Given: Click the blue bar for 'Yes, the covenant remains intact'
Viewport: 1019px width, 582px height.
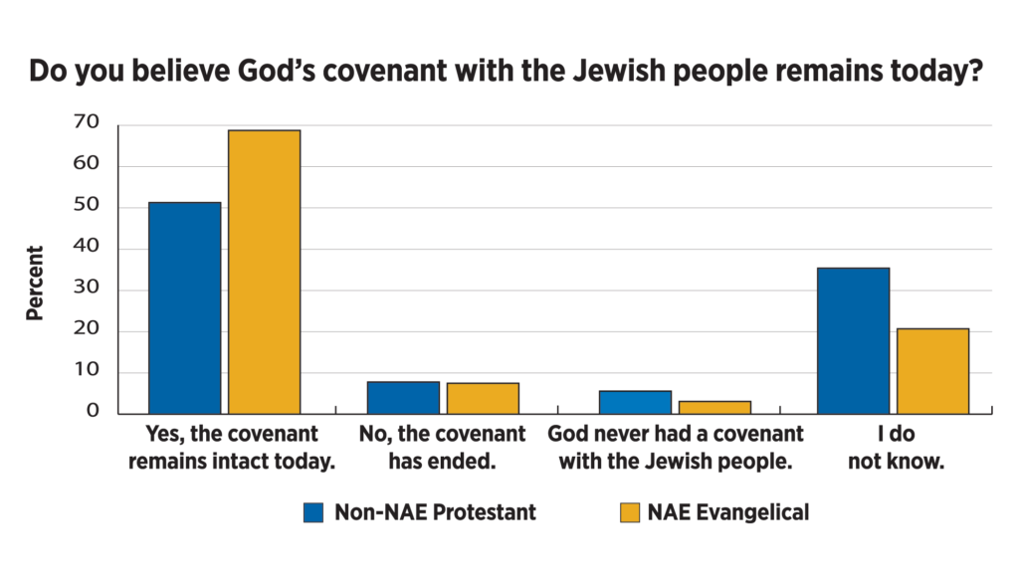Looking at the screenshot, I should click(x=184, y=307).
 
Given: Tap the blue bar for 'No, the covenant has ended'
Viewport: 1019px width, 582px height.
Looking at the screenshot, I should click(x=403, y=397).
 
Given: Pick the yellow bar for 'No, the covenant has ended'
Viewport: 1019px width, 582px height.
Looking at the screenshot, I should click(x=483, y=398).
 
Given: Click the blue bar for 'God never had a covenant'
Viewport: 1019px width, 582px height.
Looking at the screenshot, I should click(x=635, y=402).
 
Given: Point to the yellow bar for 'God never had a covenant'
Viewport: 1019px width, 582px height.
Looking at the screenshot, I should click(x=714, y=407).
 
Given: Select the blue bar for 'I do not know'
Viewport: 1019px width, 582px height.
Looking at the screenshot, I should click(x=854, y=340).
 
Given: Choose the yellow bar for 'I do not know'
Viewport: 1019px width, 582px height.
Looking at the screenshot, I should click(x=933, y=370).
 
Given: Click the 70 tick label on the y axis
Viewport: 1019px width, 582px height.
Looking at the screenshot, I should click(x=87, y=123).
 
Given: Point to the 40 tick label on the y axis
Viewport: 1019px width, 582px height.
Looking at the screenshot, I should click(x=87, y=248).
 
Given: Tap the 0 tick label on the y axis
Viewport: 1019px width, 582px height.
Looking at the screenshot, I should click(x=94, y=412).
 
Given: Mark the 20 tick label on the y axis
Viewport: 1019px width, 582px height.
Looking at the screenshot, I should click(x=87, y=330).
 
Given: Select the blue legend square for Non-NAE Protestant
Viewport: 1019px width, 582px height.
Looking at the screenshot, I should click(x=314, y=513).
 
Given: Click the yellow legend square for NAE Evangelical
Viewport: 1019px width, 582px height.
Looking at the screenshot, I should click(x=628, y=513).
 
